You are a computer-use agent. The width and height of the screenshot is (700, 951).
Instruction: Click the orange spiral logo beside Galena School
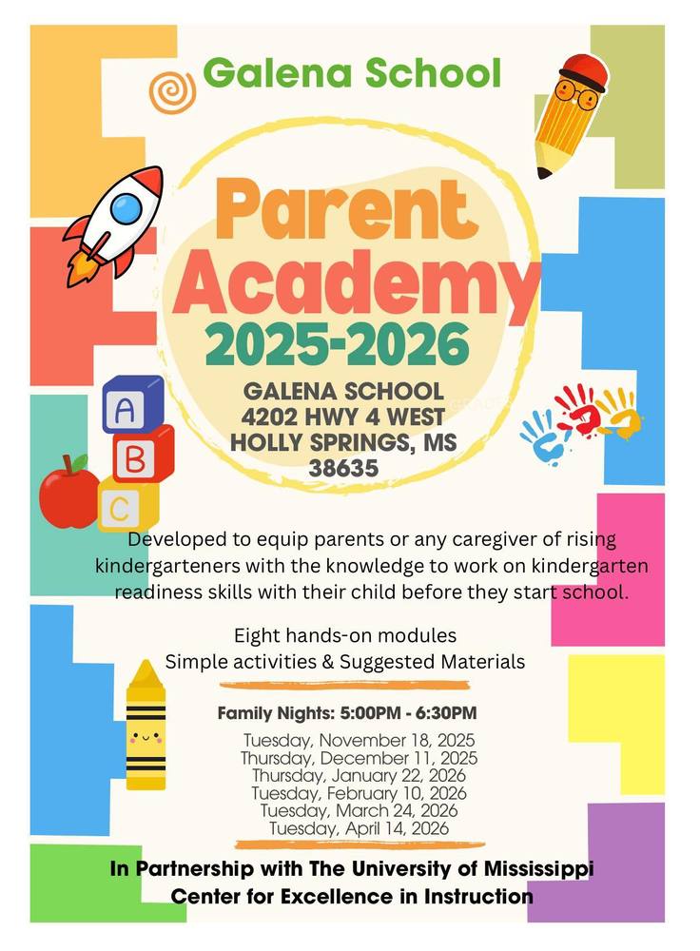point(171,91)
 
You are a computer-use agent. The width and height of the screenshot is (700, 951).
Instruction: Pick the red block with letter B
point(138,460)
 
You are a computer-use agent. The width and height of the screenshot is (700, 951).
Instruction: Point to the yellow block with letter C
point(124,509)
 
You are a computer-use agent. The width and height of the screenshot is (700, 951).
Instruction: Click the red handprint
point(577,410)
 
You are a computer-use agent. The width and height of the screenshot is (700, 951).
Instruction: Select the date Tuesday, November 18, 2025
point(359,740)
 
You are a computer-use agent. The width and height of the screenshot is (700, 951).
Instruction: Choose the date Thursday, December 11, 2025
point(359,758)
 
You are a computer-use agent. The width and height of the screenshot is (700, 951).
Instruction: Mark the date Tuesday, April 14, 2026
point(359,828)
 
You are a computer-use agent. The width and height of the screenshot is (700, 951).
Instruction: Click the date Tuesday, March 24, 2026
point(359,810)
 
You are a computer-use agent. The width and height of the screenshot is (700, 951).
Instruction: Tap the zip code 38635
point(343,468)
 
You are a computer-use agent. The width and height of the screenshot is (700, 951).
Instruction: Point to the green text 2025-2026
point(336,345)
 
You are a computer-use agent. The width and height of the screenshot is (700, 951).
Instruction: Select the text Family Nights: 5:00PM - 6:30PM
point(347,712)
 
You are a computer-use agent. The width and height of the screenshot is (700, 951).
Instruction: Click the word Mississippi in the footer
point(520,868)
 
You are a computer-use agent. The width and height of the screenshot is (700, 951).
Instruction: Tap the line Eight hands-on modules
point(345,634)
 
